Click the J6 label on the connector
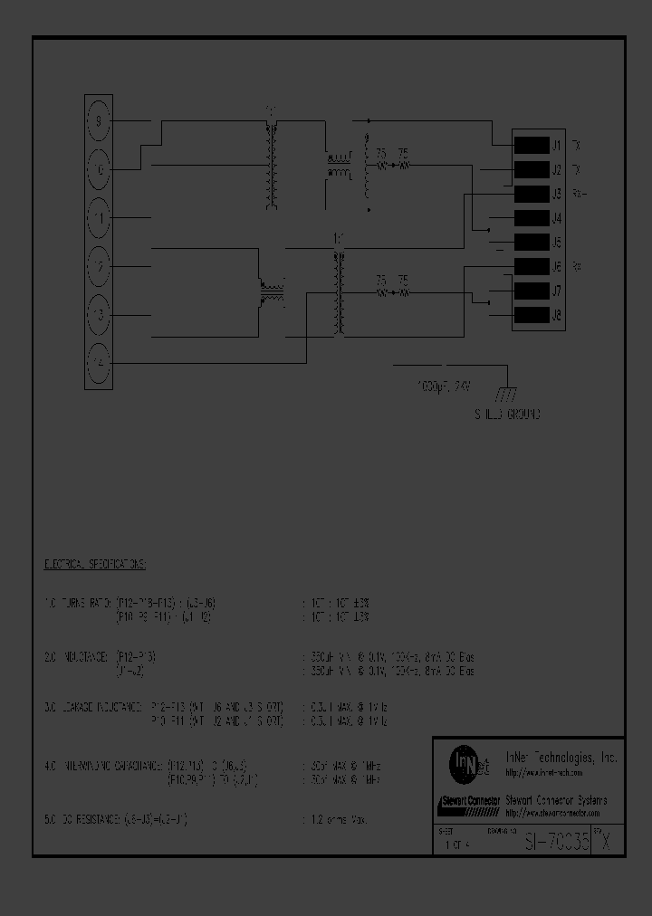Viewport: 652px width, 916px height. pos(556,267)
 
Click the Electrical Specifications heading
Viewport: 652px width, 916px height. pos(95,563)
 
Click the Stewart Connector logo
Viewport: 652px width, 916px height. pos(469,801)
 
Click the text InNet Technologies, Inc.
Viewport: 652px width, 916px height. pos(561,757)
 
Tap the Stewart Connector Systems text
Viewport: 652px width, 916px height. pos(556,799)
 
